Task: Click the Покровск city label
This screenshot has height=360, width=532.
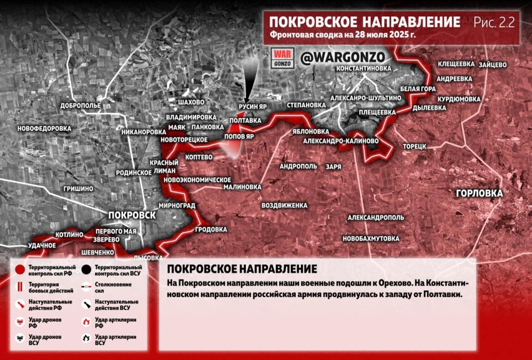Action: click(132, 215)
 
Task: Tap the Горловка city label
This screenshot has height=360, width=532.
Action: click(479, 193)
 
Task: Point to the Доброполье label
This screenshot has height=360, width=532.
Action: click(80, 105)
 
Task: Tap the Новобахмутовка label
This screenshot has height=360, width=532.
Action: click(371, 238)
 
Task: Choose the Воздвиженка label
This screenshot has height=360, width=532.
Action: click(284, 205)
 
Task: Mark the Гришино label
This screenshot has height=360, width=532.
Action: click(78, 188)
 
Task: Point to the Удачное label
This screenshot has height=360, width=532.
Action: click(42, 245)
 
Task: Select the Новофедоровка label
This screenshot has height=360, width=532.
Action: click(44, 128)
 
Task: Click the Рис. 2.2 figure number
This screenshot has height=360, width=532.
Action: click(494, 22)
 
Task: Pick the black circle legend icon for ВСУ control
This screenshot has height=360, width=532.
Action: click(86, 270)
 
